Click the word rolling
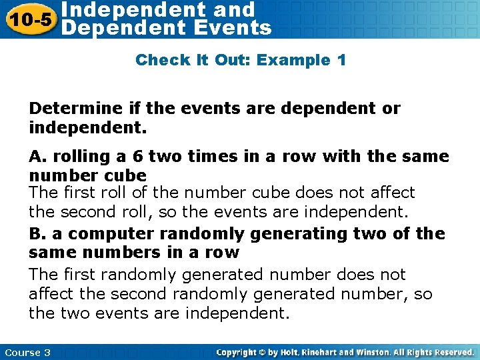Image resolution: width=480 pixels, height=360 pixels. tap(74, 157)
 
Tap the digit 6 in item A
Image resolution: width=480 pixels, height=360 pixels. tap(139, 157)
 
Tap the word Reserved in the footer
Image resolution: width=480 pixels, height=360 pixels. tap(451, 352)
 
